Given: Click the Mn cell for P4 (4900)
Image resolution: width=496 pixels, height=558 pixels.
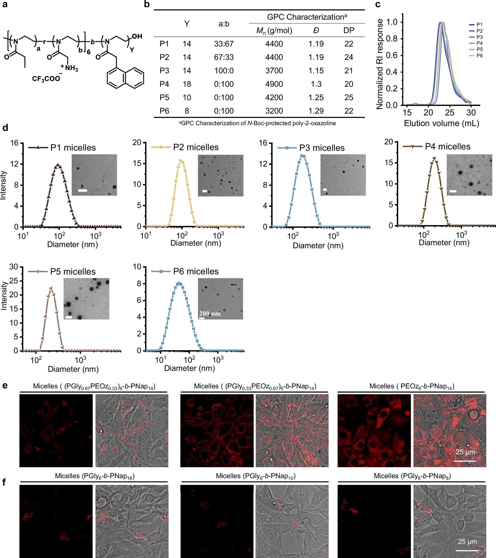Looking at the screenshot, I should pyautogui.click(x=274, y=84).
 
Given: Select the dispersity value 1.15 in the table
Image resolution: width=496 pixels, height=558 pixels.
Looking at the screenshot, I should pyautogui.click(x=316, y=71).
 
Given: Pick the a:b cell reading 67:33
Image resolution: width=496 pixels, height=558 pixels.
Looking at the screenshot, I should pyautogui.click(x=224, y=57).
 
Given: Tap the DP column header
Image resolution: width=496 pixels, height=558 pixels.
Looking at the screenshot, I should pyautogui.click(x=349, y=30).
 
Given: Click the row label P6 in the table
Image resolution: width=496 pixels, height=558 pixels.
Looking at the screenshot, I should pyautogui.click(x=164, y=111).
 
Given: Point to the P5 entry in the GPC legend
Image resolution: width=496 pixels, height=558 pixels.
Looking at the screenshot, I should pyautogui.click(x=479, y=50).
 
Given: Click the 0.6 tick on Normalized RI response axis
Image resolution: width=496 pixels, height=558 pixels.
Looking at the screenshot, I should pyautogui.click(x=395, y=56).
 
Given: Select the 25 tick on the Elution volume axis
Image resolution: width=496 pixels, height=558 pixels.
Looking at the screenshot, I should pyautogui.click(x=450, y=112).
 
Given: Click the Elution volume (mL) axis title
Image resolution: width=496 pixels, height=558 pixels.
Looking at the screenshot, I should pyautogui.click(x=441, y=123).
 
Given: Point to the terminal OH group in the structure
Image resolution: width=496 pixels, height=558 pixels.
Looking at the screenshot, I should pyautogui.click(x=137, y=36).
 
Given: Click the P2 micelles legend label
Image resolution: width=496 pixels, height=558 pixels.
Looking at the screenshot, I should pyautogui.click(x=196, y=147).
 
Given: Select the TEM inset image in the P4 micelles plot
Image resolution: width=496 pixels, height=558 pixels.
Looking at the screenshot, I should pyautogui.click(x=469, y=175).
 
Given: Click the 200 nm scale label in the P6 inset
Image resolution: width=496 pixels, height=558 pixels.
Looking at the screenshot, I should pyautogui.click(x=209, y=313).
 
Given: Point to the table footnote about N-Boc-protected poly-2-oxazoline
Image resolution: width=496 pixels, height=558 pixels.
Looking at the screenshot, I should pyautogui.click(x=257, y=123).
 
